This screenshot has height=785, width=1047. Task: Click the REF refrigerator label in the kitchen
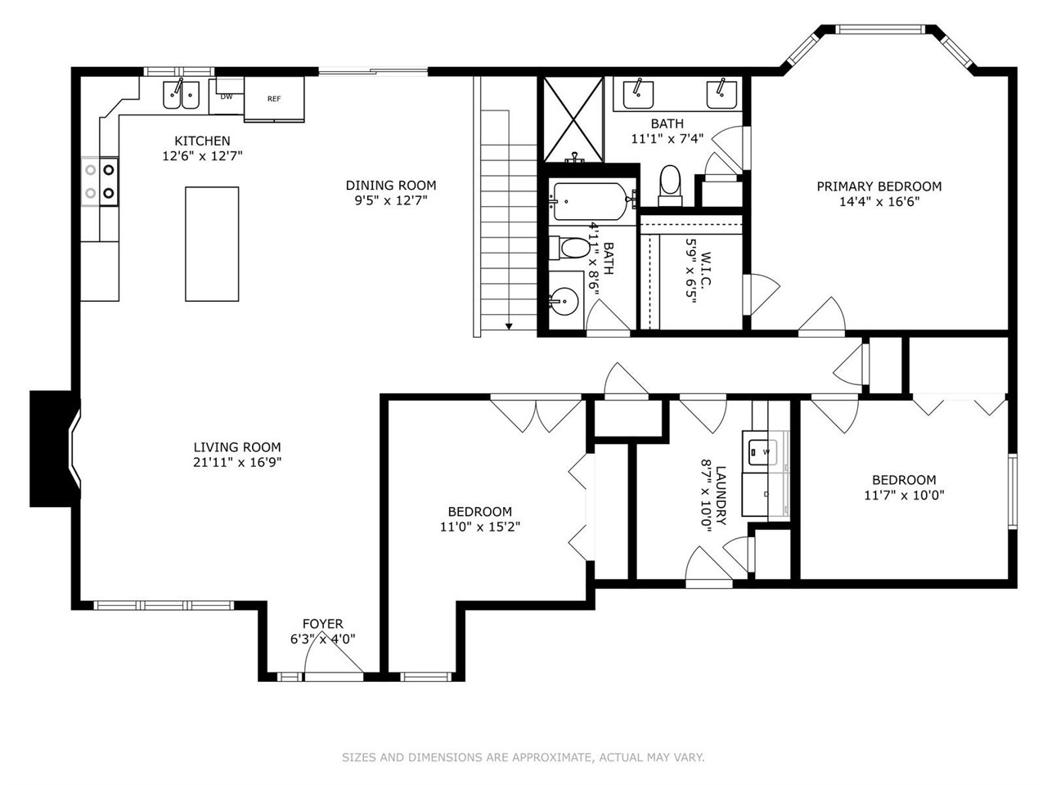point(274,99)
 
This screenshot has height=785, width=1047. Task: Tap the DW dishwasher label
point(227,96)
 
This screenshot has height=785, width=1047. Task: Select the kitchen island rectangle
point(212,244)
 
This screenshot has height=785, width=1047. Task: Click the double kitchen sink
point(182,95)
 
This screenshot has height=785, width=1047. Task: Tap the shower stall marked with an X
point(573,119)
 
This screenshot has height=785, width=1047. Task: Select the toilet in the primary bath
point(670,186)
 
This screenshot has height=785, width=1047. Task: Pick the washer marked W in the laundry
point(762,451)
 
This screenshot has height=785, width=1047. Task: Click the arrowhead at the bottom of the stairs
point(509,326)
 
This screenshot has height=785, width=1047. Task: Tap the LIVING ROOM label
point(237,447)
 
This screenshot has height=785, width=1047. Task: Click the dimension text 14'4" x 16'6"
point(879,202)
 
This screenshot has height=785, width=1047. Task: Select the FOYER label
point(323,623)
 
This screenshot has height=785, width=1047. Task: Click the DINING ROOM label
point(391,185)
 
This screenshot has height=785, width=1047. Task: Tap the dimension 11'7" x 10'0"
point(904,496)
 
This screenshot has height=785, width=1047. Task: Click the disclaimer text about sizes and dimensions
point(523,757)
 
